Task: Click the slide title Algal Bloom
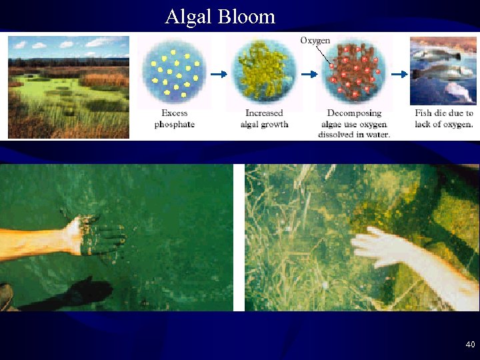tap(220, 16)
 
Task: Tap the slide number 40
tap(470, 345)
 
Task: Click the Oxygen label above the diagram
tap(315, 41)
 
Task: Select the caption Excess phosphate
tap(174, 119)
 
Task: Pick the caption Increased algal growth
tap(264, 119)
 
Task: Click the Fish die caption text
tap(443, 119)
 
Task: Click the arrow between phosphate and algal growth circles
tap(219, 74)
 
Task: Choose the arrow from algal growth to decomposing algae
tap(309, 74)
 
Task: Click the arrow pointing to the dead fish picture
tap(399, 74)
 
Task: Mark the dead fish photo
tap(443, 70)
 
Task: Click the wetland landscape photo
tap(69, 87)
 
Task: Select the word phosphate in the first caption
tap(174, 125)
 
